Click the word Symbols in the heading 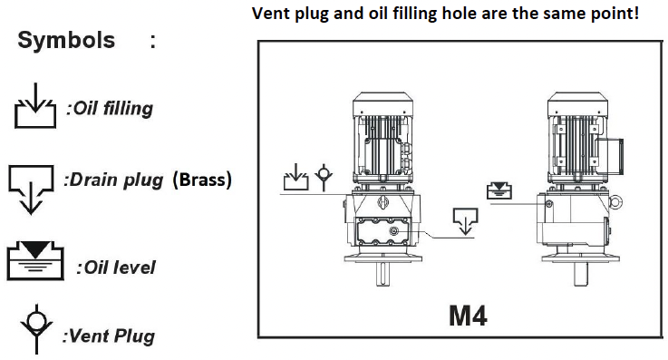(66, 41)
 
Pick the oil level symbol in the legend (35, 260)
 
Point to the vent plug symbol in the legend (36, 329)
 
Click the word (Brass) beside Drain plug (202, 180)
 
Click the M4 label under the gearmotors (468, 316)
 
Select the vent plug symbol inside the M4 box (324, 177)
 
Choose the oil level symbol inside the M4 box (499, 190)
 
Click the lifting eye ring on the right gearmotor (615, 203)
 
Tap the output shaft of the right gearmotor (581, 274)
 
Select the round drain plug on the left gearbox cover (394, 231)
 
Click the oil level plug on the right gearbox (549, 205)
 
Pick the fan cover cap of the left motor (382, 103)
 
